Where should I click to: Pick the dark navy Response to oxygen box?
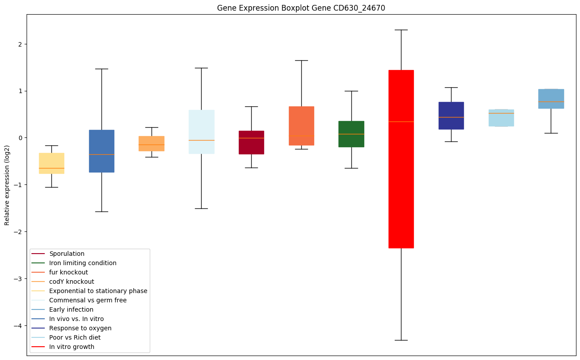[451, 116]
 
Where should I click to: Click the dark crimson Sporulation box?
[251, 142]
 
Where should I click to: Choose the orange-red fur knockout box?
[301, 126]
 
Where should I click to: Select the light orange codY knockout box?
[152, 144]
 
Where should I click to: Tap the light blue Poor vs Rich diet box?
[501, 118]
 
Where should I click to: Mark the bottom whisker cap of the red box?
[401, 340]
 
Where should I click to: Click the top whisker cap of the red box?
[401, 30]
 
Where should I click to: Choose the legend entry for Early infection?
[71, 309]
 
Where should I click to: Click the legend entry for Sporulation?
[67, 254]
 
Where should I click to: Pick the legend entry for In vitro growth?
[72, 347]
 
